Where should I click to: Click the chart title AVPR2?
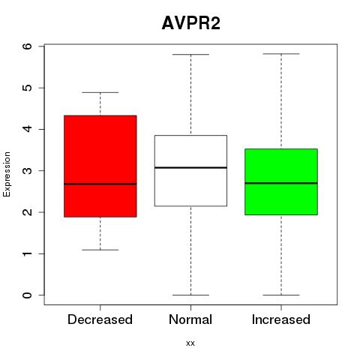click(x=191, y=23)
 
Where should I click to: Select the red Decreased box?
click(x=100, y=166)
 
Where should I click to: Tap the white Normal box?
click(x=190, y=171)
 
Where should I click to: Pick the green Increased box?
click(x=281, y=181)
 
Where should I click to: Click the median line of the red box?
click(x=100, y=184)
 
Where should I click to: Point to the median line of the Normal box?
click(x=190, y=167)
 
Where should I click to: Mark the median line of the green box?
click(x=281, y=183)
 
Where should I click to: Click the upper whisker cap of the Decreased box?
click(x=100, y=92)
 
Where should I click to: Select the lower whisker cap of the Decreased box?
click(x=100, y=250)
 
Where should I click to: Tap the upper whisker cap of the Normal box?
click(x=190, y=54)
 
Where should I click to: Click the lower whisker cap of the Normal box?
click(x=190, y=295)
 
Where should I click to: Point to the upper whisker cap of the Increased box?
click(x=281, y=54)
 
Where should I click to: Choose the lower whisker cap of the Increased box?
click(x=281, y=295)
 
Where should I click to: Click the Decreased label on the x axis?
click(x=100, y=319)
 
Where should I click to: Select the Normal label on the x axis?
click(x=190, y=319)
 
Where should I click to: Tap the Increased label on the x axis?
click(x=281, y=319)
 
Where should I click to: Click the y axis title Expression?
click(x=7, y=174)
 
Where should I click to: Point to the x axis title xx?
click(x=190, y=343)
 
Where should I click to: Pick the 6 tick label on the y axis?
click(x=28, y=46)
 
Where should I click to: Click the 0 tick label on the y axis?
click(x=28, y=295)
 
